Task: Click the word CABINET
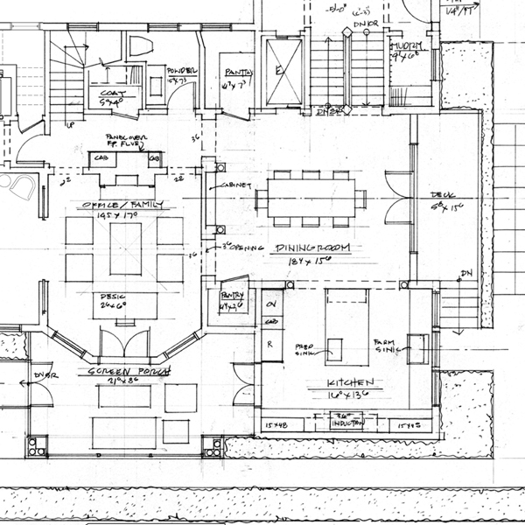coord(241,186)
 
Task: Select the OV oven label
coord(270,304)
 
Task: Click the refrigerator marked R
coord(270,344)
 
